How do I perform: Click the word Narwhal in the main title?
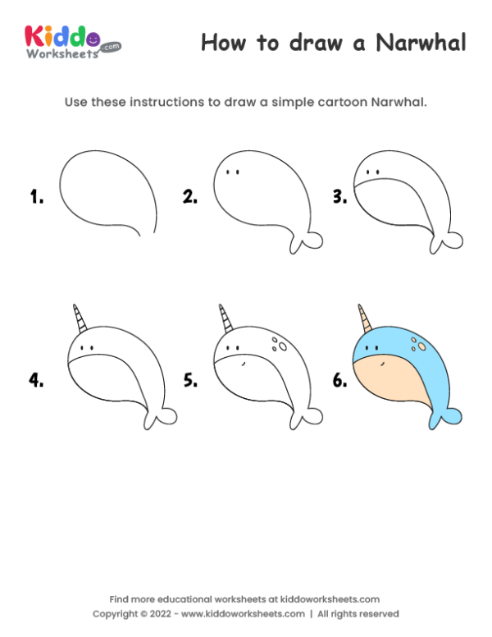coord(421,43)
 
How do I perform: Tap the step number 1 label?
coord(36,196)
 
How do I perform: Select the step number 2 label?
coord(190,196)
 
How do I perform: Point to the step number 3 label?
coord(338,196)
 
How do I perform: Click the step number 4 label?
coord(36,380)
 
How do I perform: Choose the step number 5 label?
coord(190,380)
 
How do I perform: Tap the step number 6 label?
coord(338,380)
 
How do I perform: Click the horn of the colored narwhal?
coord(363,319)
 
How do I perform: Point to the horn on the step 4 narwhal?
coord(78,319)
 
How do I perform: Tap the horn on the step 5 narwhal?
coord(223,319)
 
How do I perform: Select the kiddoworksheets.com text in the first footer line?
coord(326,599)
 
